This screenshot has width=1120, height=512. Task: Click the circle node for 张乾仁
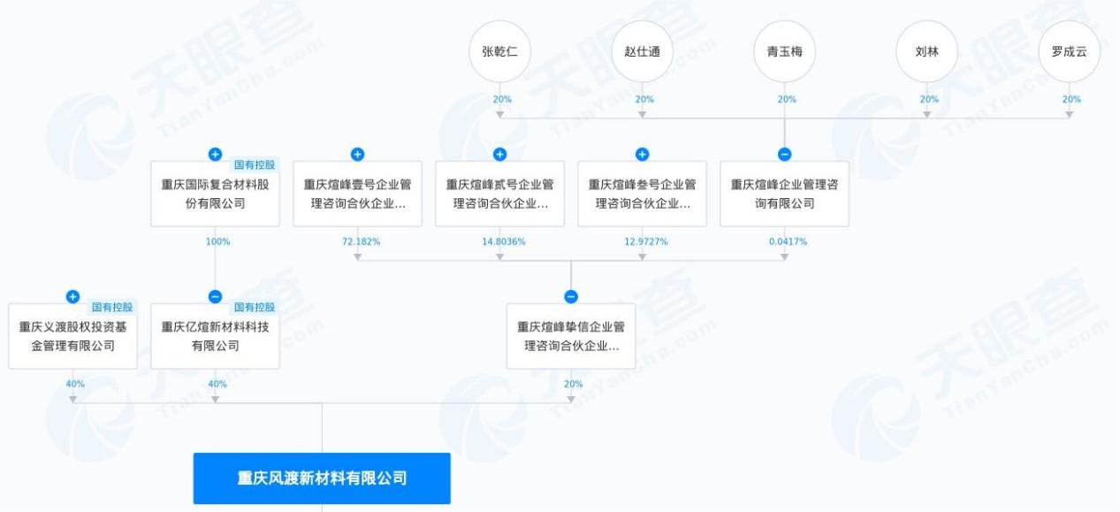[x=499, y=51]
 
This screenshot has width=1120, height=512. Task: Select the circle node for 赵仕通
[x=642, y=51]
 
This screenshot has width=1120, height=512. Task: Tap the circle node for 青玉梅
[x=784, y=51]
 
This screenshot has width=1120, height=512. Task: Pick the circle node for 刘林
[x=927, y=51]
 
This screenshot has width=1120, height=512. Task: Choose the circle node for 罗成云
[x=1070, y=51]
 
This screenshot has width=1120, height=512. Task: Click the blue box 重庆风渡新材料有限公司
[x=322, y=478]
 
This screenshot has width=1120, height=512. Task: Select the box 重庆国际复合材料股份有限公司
[x=215, y=194]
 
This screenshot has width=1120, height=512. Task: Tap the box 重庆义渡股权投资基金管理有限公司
[x=72, y=336]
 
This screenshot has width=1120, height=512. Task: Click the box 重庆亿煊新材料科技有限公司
[x=215, y=336]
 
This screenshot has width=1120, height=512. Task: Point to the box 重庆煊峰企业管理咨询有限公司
[x=784, y=194]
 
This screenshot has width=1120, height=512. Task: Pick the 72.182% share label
[x=361, y=241]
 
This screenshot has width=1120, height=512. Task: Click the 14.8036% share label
[x=504, y=241]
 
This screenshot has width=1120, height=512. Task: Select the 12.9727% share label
[x=646, y=241]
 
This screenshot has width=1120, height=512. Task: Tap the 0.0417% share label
[x=788, y=241]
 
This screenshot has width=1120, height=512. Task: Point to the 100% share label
[x=218, y=241]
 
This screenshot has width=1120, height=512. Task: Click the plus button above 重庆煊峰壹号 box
[x=357, y=155]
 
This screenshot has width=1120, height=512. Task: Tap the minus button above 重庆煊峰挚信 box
[x=571, y=296]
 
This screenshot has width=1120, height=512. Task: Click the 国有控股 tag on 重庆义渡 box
[x=112, y=307]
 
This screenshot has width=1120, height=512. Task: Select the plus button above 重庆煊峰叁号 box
[x=642, y=155]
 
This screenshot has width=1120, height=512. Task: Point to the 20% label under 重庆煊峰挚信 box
[x=574, y=384]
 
